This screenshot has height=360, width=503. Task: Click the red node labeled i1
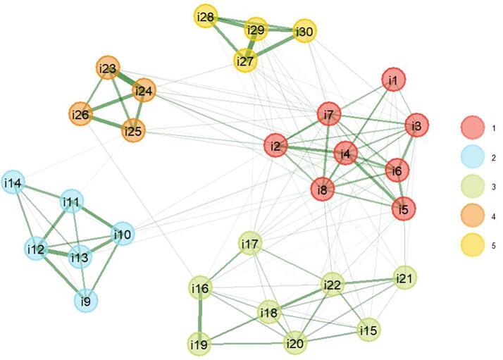(393, 81)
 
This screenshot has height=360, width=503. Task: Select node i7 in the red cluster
(329, 113)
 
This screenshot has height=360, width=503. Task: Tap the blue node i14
(11, 184)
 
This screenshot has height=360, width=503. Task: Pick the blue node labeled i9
(86, 302)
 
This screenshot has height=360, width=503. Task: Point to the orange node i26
(81, 113)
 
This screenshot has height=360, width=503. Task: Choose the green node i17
(251, 244)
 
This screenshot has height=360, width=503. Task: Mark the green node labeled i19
(201, 344)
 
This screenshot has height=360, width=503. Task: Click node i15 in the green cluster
(368, 329)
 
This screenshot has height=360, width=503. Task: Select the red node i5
(404, 209)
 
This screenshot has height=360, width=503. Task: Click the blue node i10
(123, 234)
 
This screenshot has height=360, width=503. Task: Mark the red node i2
(277, 147)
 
